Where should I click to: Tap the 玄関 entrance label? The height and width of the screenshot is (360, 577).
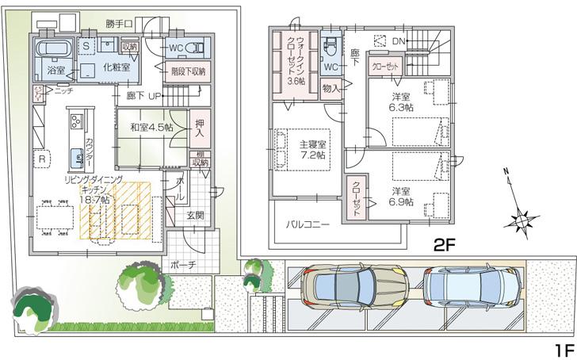point(196,215)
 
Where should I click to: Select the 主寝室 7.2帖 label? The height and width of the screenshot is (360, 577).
point(313,150)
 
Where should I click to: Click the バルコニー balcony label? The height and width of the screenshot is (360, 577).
point(308,225)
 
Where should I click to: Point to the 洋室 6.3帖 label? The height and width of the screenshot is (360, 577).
point(402,101)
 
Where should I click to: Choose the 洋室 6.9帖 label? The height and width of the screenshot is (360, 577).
point(402,197)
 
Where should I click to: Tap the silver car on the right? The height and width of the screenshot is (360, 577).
point(472,285)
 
